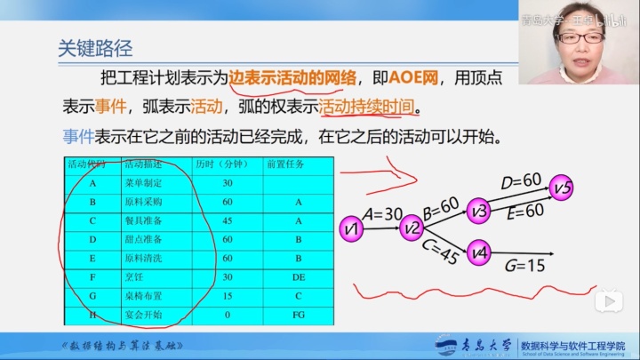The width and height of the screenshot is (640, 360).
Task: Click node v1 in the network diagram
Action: point(353,229)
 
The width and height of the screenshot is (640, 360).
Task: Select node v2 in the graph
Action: point(411,228)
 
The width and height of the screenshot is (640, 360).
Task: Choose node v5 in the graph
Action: point(562,188)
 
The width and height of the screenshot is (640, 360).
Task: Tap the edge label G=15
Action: point(524,265)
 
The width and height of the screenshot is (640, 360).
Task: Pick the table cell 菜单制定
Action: point(143,182)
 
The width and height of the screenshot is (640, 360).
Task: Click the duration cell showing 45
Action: point(227,220)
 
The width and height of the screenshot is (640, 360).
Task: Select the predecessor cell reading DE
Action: point(299,277)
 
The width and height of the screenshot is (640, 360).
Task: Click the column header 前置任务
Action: point(284,164)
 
